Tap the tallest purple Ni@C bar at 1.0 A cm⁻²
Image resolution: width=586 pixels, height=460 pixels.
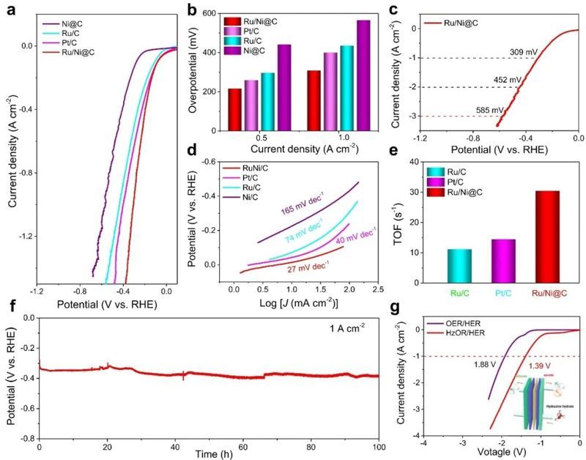(363, 76)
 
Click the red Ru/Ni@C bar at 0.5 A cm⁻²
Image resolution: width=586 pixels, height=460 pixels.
(234, 110)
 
